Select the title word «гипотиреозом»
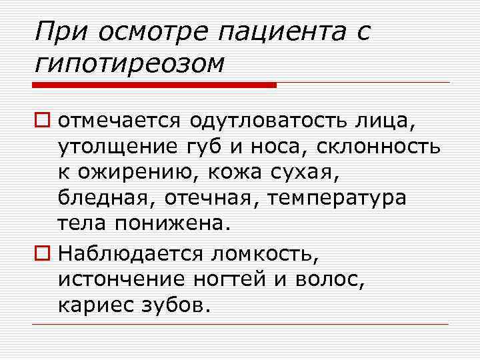[x=129, y=63]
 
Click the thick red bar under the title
[x=153, y=85]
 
